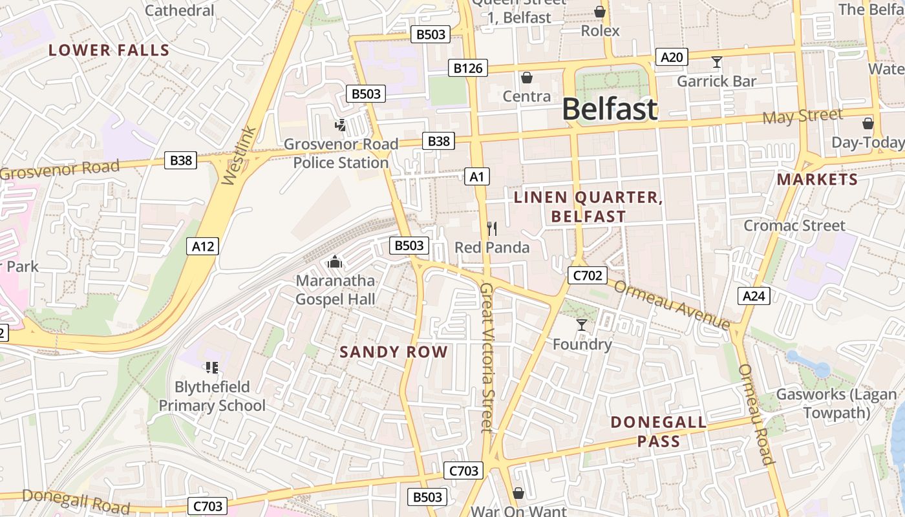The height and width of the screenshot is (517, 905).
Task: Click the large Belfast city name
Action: tap(610, 109)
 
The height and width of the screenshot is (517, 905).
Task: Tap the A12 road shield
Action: tap(203, 246)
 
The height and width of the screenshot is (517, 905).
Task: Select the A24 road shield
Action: tap(753, 296)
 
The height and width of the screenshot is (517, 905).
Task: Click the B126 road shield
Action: tap(468, 68)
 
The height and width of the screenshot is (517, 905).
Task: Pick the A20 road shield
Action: tap(672, 58)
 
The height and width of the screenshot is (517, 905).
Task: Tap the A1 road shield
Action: tap(477, 176)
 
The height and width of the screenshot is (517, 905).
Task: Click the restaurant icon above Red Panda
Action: tap(492, 228)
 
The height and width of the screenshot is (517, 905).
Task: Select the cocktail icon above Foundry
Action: tap(582, 325)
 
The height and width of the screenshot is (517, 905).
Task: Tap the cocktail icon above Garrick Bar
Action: tap(716, 63)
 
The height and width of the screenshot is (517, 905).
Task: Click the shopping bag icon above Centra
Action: tap(527, 78)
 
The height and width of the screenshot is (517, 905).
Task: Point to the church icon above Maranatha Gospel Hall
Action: tap(335, 262)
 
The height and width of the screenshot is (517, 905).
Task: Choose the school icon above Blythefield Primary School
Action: tap(211, 368)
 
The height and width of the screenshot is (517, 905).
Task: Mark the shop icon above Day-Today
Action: tap(868, 123)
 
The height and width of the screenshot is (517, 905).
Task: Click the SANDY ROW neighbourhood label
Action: tap(394, 352)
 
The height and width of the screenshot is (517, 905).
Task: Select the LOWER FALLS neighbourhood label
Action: tap(109, 50)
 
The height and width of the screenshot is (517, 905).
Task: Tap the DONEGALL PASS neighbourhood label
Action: tap(659, 432)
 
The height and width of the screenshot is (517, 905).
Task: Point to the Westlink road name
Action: tap(239, 156)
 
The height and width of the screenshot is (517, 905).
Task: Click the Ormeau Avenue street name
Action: tap(672, 305)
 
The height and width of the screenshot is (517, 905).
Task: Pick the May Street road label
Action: tap(802, 116)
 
